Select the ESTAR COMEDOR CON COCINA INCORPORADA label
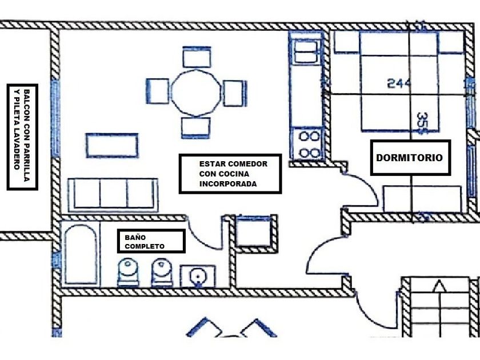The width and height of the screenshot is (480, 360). [230, 174]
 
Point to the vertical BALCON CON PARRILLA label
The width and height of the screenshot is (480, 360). [22, 137]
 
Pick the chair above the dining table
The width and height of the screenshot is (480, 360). [196, 58]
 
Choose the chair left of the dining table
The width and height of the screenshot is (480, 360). [158, 91]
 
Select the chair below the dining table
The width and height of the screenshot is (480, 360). [196, 127]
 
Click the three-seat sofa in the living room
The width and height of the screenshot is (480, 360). [113, 194]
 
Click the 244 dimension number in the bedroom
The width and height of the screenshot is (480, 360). [399, 83]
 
